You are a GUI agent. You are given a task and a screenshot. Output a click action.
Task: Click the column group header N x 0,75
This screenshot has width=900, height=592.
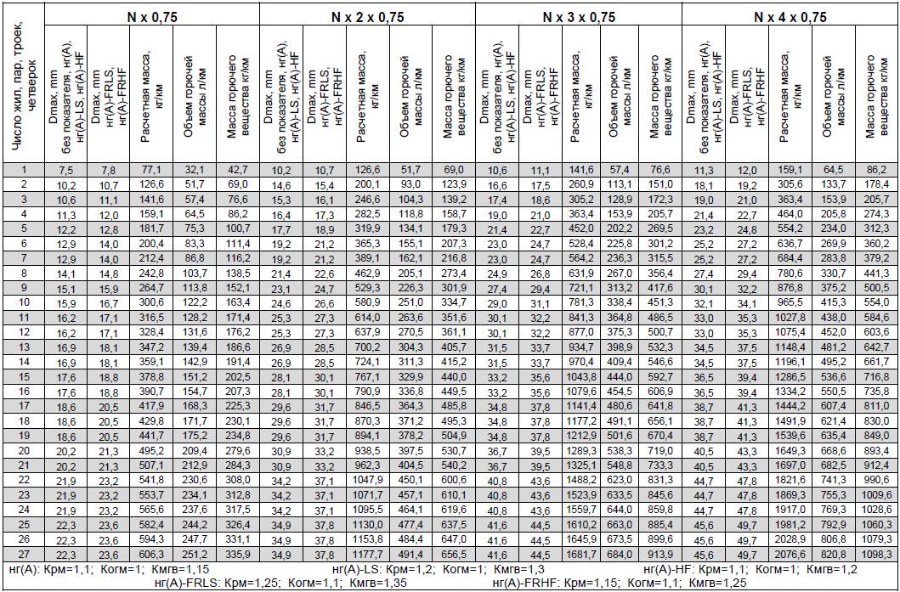point(150,16)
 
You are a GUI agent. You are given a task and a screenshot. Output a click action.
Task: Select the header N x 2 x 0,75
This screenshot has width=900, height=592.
point(367,16)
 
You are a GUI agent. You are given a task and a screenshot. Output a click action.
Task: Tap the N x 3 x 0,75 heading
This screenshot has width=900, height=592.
point(579,16)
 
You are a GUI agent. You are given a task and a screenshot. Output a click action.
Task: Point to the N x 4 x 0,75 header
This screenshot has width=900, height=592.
point(790,16)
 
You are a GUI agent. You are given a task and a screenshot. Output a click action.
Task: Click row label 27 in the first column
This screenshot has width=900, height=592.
point(24,553)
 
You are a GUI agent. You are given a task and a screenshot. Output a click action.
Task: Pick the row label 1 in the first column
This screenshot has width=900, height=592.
point(24,170)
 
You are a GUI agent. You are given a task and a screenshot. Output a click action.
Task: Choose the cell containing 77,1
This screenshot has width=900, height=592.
point(150,170)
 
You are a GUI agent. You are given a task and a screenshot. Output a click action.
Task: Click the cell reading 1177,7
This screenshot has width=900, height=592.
point(367,554)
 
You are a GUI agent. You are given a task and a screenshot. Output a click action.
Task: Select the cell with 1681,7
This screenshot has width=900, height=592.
point(579,554)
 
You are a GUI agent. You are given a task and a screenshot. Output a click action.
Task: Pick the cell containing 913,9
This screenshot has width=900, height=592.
point(663,554)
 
